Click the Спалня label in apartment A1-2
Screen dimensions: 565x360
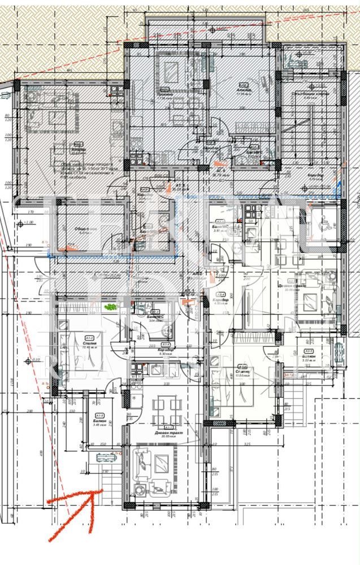pyautogui.click(x=88, y=342)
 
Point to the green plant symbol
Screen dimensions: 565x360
pyautogui.click(x=110, y=307)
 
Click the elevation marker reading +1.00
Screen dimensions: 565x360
pyautogui.click(x=27, y=223)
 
